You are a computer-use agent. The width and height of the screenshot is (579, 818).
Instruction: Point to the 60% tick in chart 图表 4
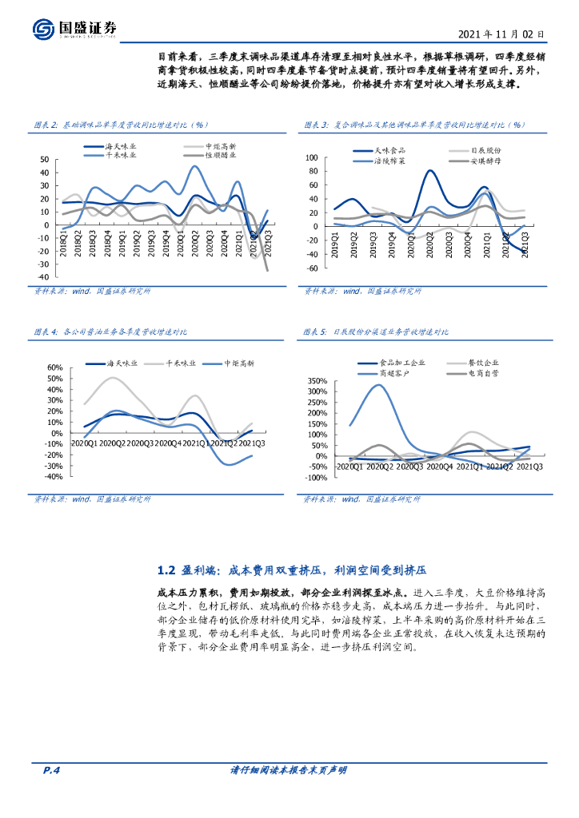coord(55,368)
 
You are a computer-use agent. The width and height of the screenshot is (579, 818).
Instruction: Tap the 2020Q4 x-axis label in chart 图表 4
coord(168,443)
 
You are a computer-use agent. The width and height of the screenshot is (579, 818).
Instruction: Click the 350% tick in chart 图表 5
coord(317,380)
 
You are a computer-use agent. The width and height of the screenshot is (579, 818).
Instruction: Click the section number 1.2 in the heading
coord(166,570)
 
